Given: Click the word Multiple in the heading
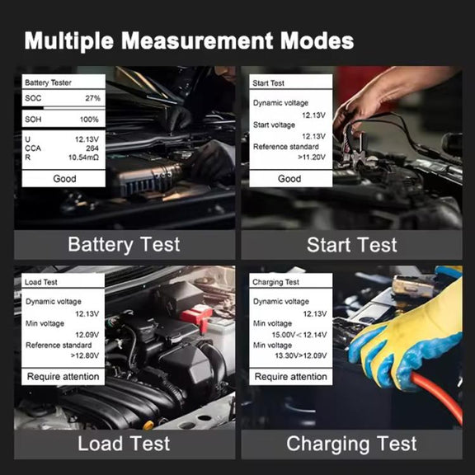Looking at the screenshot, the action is pos(69,41).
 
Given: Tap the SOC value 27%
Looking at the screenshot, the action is pos(92,98).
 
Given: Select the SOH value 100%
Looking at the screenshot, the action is pos(89,120).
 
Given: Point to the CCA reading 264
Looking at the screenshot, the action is pos(92,148).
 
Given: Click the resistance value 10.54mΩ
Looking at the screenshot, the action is pos(83,158).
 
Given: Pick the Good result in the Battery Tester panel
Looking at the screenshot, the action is pos(64,179).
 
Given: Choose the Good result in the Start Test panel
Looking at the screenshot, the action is pos(289,179).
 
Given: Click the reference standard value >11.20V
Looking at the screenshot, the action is pos(312,157).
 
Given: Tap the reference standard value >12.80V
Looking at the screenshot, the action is pos(84,355).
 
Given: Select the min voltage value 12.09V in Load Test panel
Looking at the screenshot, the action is pos(87,335).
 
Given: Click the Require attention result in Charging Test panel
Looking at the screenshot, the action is pos(290,377).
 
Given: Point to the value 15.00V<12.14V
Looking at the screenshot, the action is pos(299,335).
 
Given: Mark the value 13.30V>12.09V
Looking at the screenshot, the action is pos(301,355).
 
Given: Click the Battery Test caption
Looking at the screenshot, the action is pos(124,244).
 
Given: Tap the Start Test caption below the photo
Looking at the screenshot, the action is pos(351,245).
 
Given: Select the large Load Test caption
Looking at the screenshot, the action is pos(124,444).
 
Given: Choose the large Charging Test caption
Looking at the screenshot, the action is pos(351,444).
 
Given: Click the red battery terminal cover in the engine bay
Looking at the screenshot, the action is pos(196,316).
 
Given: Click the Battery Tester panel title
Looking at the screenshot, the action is pos(48,82).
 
